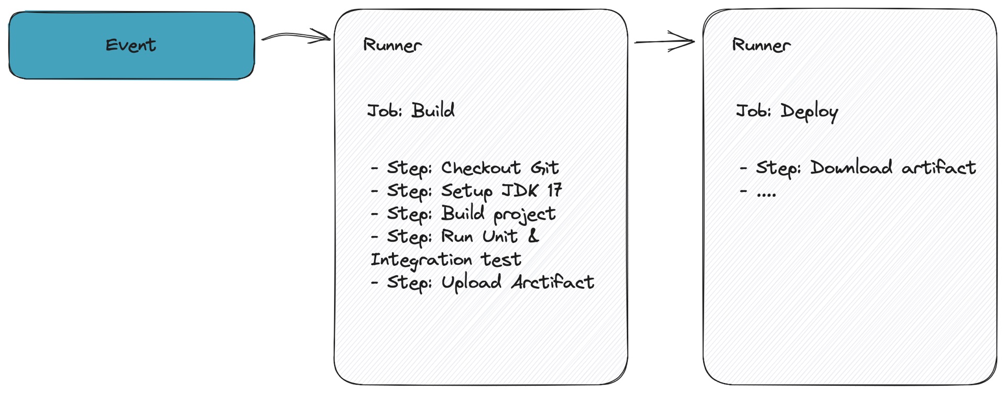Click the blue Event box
pyautogui.click(x=132, y=46)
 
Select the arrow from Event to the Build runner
pyautogui.click(x=297, y=37)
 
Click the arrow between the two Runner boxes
pyautogui.click(x=664, y=41)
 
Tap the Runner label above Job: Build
pyautogui.click(x=392, y=45)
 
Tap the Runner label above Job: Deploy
pyautogui.click(x=761, y=45)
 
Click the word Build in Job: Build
pyautogui.click(x=433, y=110)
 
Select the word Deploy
pyautogui.click(x=810, y=112)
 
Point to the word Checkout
pyautogui.click(x=481, y=167)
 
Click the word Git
pyautogui.click(x=545, y=167)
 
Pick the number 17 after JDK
pyautogui.click(x=554, y=190)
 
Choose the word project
pyautogui.click(x=524, y=215)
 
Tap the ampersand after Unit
pyautogui.click(x=533, y=236)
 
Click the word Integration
pyautogui.click(x=423, y=260)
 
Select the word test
pyautogui.click(x=501, y=260)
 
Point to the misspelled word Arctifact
pyautogui.click(x=553, y=282)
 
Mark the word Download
pyautogui.click(x=851, y=167)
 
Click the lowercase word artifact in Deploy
pyautogui.click(x=939, y=167)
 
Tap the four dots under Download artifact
pyautogui.click(x=766, y=195)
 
